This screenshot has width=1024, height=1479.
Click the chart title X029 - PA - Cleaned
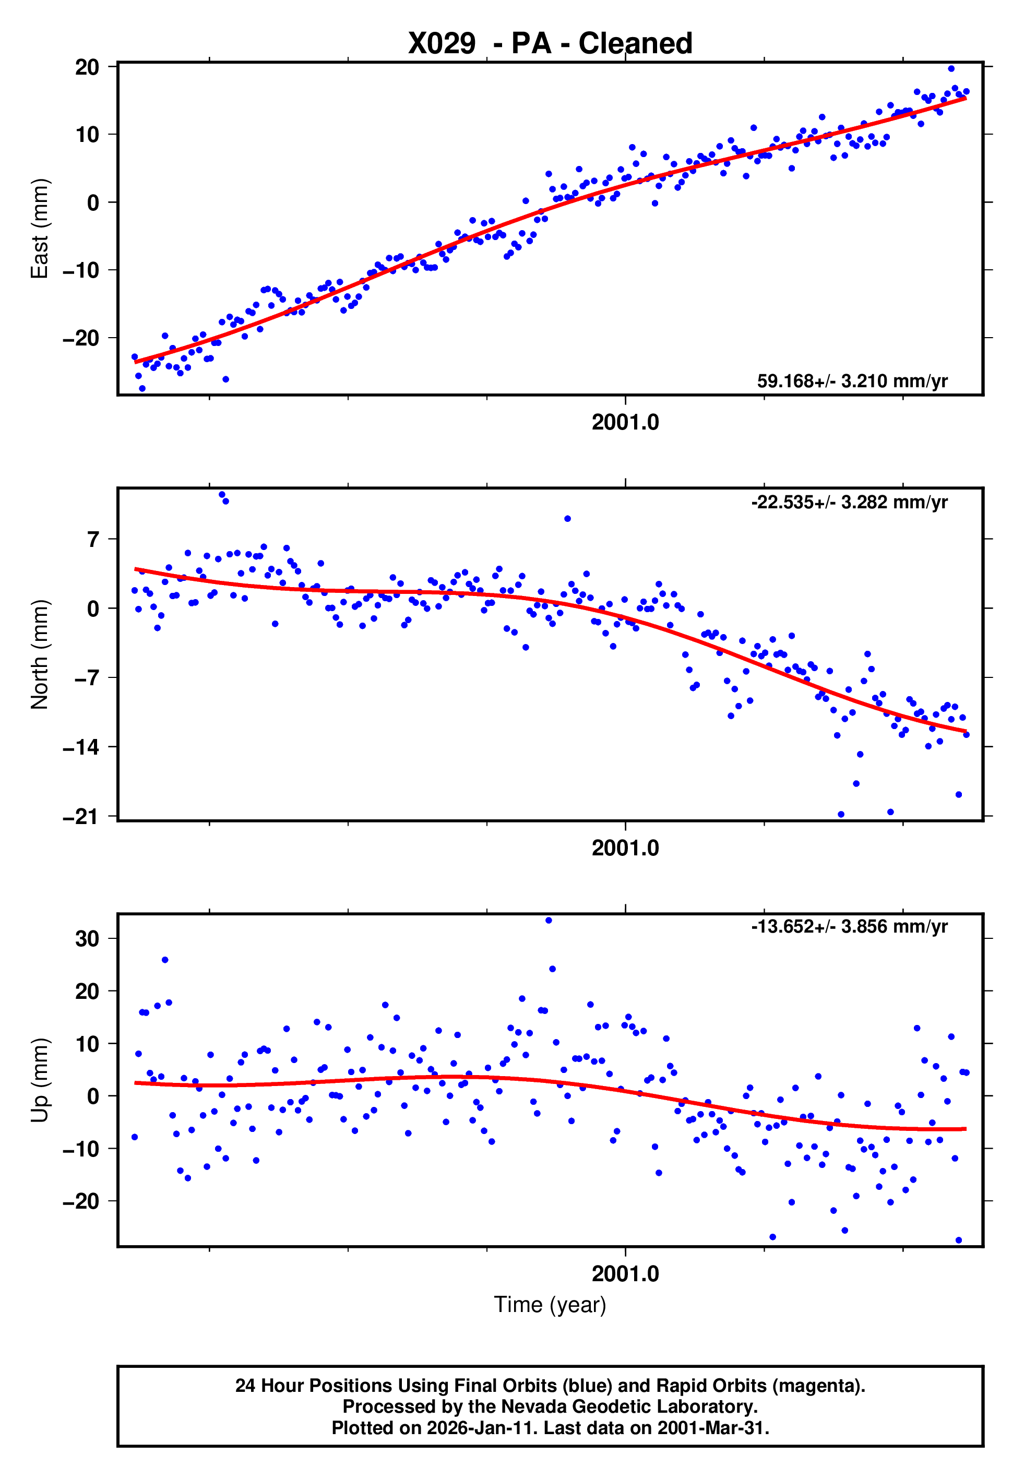tap(550, 44)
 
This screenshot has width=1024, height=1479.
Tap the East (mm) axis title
tap(40, 229)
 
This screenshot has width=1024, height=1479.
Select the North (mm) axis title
tap(40, 654)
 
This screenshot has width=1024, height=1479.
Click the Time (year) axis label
tap(550, 1305)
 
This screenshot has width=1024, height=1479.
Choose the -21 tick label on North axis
tap(81, 817)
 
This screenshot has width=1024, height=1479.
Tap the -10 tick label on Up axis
tap(81, 1149)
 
